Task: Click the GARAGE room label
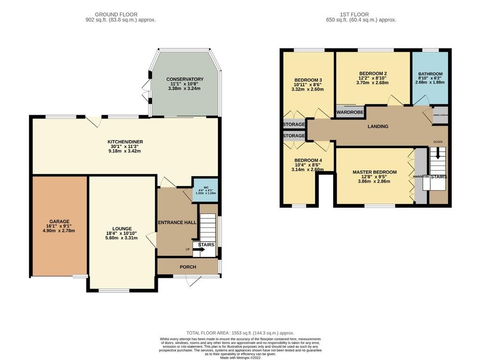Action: point(59,221)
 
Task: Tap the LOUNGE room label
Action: point(122,228)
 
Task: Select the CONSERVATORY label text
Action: point(185,79)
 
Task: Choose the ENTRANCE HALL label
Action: point(177,222)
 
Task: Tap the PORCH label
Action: point(188,267)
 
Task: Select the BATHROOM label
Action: point(430,74)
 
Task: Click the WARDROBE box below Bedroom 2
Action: point(350,112)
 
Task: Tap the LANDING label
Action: point(378,126)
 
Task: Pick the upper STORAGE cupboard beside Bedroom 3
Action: point(294,125)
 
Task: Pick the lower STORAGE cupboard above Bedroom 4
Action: point(294,136)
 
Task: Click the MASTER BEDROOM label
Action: point(374,172)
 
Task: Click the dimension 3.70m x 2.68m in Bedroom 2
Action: point(372,83)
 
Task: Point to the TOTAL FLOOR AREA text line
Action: point(240,332)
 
